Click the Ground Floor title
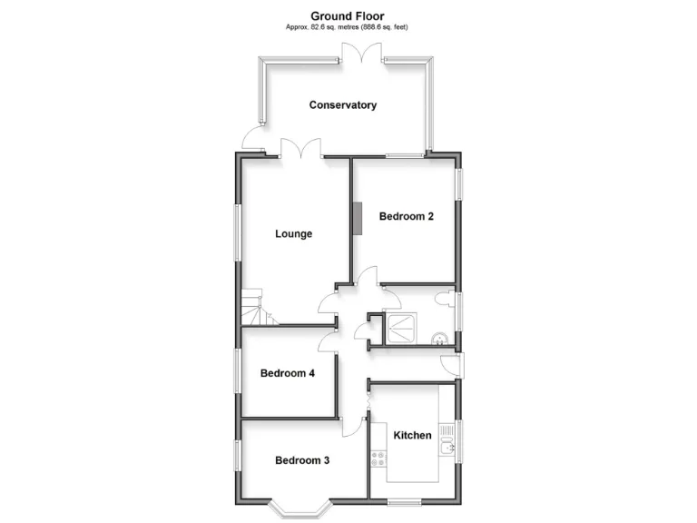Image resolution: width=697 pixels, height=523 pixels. [x=348, y=15]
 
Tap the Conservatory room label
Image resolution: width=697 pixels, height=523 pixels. [x=343, y=105]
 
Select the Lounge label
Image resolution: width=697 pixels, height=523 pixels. [x=293, y=234]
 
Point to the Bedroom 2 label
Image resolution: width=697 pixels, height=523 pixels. [x=407, y=217]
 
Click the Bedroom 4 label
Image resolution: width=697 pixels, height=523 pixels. [x=288, y=373]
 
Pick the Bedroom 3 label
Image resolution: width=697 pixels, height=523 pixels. [x=302, y=460]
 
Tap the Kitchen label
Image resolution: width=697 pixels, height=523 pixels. [x=412, y=435]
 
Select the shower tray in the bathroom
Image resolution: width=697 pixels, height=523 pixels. [x=400, y=328]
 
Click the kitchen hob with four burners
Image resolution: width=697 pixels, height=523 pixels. [x=378, y=459]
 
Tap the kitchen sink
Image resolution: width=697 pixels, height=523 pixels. [x=446, y=445]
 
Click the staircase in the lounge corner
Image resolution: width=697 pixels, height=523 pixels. [x=256, y=309]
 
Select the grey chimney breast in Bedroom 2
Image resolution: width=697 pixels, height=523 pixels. [x=357, y=220]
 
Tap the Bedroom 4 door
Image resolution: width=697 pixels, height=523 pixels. [x=328, y=341]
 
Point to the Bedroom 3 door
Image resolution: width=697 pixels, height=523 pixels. [x=353, y=428]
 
